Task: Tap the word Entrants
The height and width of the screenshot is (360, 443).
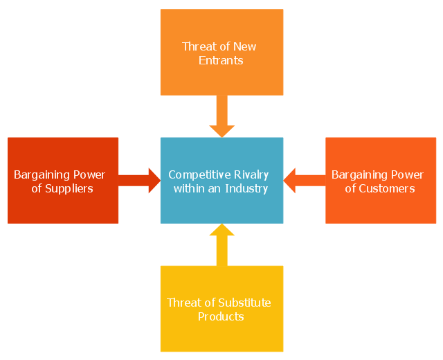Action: pyautogui.click(x=221, y=60)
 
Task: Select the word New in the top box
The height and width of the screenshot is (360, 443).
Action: pyautogui.click(x=244, y=46)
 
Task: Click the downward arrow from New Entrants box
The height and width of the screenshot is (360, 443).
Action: pyautogui.click(x=221, y=116)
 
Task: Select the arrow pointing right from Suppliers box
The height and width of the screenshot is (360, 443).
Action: pyautogui.click(x=139, y=181)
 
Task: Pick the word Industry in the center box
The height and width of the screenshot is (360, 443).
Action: pyautogui.click(x=246, y=189)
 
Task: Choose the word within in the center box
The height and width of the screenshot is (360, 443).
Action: pyautogui.click(x=189, y=188)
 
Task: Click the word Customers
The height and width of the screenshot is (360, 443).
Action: pyautogui.click(x=387, y=189)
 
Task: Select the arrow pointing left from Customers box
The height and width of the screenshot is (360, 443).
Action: pyautogui.click(x=305, y=181)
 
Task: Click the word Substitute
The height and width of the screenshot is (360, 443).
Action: pyautogui.click(x=244, y=303)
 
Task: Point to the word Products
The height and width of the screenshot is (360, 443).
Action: pyautogui.click(x=221, y=316)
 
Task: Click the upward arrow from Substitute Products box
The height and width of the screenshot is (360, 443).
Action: pyautogui.click(x=221, y=244)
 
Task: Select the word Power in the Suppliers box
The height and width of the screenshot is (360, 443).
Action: pyautogui.click(x=89, y=175)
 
